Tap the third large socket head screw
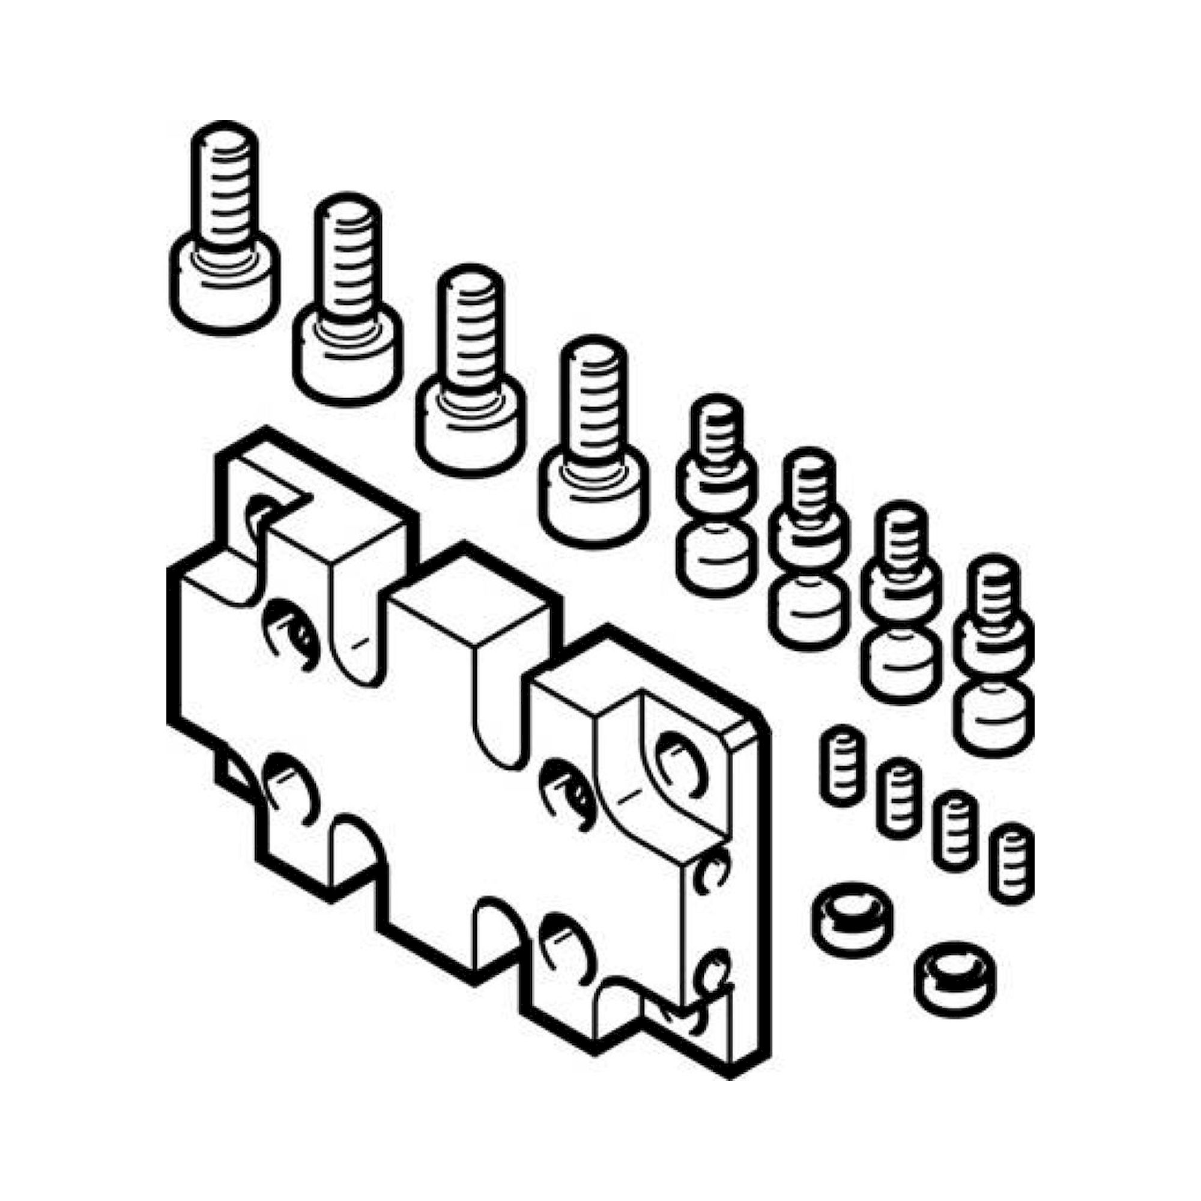click(x=470, y=373)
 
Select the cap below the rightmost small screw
click(x=993, y=718)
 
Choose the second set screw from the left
click(x=898, y=799)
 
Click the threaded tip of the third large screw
click(x=470, y=292)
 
